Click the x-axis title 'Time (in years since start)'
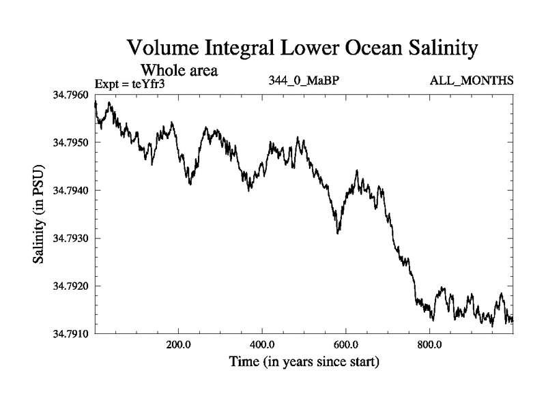click(x=304, y=361)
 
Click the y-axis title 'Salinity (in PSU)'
click(x=38, y=215)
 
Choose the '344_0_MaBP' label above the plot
click(x=304, y=81)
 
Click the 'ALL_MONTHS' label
click(x=471, y=81)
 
